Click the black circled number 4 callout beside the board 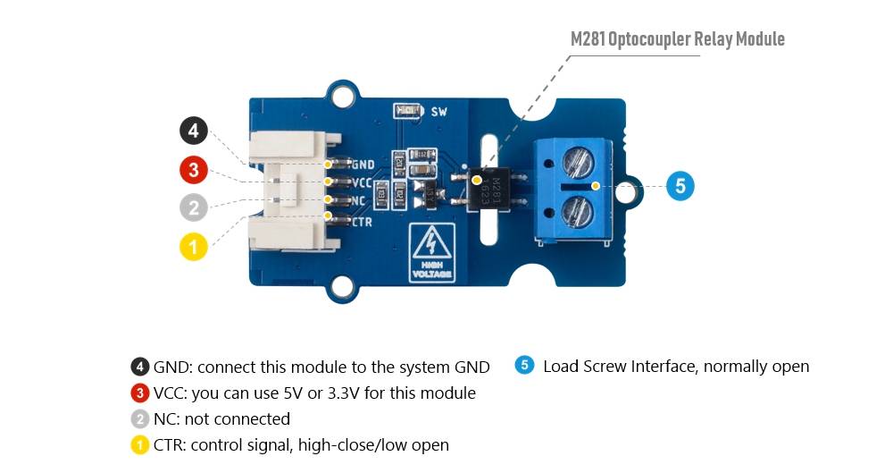pos(194,132)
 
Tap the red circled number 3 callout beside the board pos(194,170)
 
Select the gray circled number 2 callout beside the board pos(194,207)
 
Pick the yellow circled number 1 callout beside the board pos(194,246)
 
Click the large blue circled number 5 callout pos(680,186)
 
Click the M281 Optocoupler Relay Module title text pos(678,39)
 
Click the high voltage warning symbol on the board pos(431,251)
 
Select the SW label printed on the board pos(438,112)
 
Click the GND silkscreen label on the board pos(363,165)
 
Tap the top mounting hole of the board pos(341,91)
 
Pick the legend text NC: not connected pos(221,418)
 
